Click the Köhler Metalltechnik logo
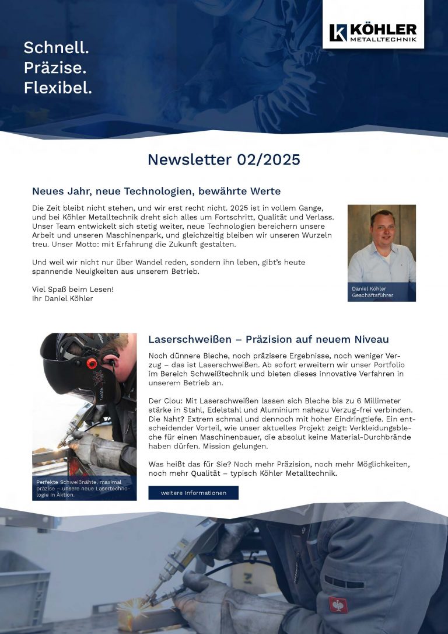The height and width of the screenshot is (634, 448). click(373, 33)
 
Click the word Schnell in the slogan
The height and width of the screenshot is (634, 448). click(56, 48)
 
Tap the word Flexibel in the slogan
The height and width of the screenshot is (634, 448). click(58, 88)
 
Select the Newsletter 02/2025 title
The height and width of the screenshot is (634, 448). click(223, 159)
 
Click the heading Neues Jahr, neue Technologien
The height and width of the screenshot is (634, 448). click(156, 191)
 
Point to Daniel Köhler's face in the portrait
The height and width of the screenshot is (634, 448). click(382, 226)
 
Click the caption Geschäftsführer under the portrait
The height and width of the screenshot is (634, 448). click(372, 295)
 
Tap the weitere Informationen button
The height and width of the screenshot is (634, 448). click(193, 493)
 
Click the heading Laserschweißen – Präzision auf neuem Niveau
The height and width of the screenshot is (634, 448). click(268, 339)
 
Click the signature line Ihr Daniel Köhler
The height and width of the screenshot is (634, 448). click(62, 298)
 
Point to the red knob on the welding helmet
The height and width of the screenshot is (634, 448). click(92, 363)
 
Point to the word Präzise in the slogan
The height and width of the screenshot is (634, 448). click(55, 68)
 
